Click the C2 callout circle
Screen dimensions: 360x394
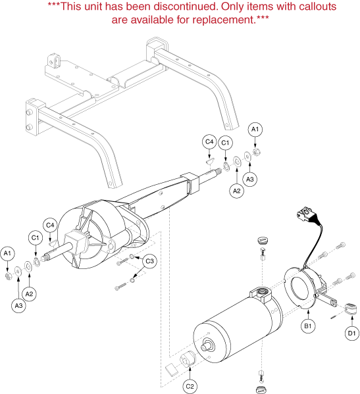coord(190,386)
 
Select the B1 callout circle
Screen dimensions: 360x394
coord(308,326)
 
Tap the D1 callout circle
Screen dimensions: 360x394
coord(351,333)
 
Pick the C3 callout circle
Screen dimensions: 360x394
coord(149,261)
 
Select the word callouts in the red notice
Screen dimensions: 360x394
coord(317,7)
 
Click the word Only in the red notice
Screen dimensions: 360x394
coord(232,7)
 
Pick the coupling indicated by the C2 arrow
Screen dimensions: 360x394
coord(188,359)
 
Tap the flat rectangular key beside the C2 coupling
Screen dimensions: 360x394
coord(171,369)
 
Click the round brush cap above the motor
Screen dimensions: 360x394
coord(263,240)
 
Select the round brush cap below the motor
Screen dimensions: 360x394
coord(261,389)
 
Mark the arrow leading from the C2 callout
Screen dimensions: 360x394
coord(190,373)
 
